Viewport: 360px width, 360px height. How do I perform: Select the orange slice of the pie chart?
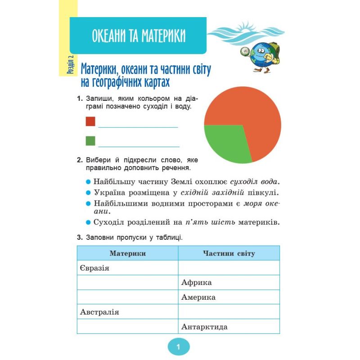(x=252, y=108)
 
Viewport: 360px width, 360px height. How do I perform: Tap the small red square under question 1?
(x=90, y=121)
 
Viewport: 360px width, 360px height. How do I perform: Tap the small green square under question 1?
(x=90, y=141)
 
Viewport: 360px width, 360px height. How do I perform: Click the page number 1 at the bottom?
(x=179, y=347)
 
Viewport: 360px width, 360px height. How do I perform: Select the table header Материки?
(x=128, y=253)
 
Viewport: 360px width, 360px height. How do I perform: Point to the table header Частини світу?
(x=229, y=253)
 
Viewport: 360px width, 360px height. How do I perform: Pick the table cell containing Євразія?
(x=128, y=268)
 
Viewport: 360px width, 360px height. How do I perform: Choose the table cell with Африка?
(x=229, y=283)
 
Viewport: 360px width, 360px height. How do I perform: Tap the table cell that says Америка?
(x=229, y=297)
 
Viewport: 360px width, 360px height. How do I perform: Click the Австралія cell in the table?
(x=128, y=312)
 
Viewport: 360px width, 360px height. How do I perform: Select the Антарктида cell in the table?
(x=229, y=327)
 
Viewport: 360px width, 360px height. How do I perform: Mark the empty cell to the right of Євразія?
(x=229, y=268)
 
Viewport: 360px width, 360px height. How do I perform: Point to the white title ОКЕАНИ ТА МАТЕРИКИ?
(x=139, y=36)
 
